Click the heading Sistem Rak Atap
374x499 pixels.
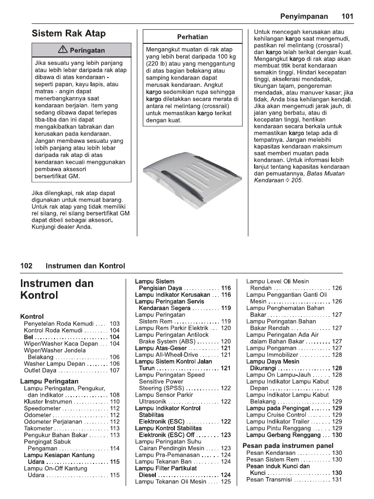[x=69, y=34]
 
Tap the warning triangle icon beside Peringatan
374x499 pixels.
[x=62, y=50]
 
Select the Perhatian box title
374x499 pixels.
[x=192, y=37]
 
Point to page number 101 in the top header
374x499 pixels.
[x=347, y=16]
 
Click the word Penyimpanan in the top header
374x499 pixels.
[x=304, y=16]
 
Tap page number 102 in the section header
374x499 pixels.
[x=26, y=266]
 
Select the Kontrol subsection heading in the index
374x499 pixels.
[x=32, y=316]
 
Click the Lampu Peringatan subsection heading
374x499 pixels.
[x=49, y=381]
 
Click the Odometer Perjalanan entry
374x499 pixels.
[x=53, y=422]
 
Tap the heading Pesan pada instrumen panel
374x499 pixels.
[x=288, y=445]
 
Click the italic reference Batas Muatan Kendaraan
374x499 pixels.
[x=278, y=180]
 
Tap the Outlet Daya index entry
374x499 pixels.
[x=40, y=370]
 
